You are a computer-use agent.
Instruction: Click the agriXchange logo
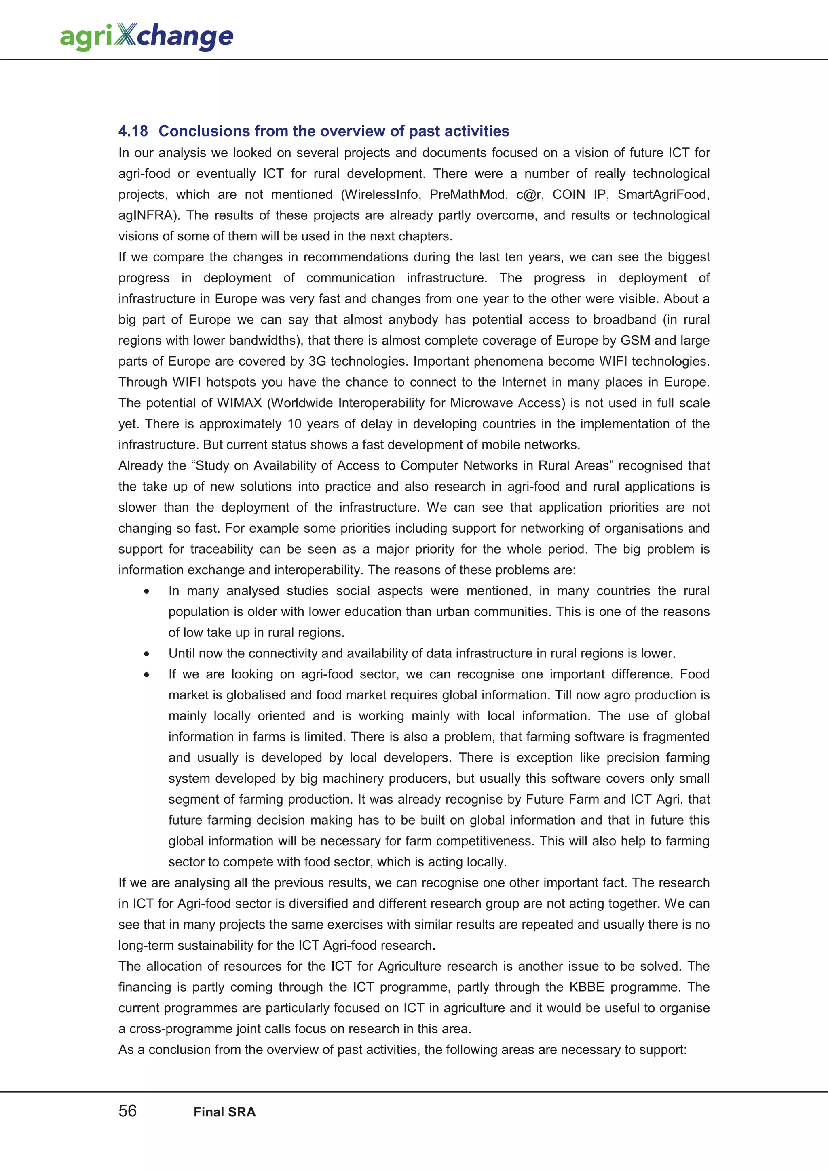[x=146, y=36]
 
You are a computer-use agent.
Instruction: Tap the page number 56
[x=127, y=1111]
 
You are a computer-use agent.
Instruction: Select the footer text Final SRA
[x=224, y=1112]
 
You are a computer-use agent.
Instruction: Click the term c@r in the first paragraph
[x=530, y=194]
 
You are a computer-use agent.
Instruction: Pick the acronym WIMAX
[x=239, y=403]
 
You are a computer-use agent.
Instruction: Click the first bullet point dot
[x=146, y=592]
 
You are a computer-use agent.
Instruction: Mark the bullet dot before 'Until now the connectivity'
[x=146, y=654]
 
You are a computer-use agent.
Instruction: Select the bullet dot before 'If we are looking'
[x=146, y=675]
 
